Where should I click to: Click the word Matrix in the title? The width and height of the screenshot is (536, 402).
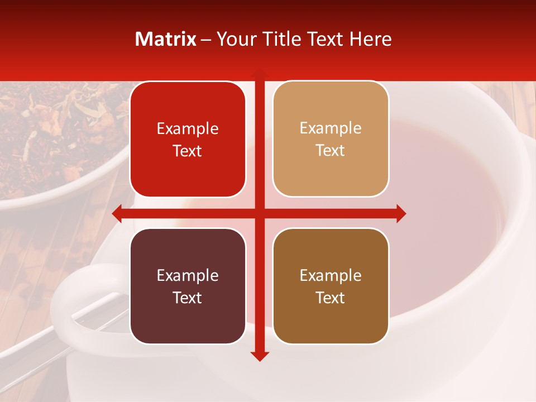pyautogui.click(x=166, y=39)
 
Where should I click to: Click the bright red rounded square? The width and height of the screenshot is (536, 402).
pyautogui.click(x=188, y=140)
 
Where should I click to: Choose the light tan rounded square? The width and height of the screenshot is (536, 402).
pyautogui.click(x=331, y=139)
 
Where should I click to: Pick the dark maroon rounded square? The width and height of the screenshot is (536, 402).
pyautogui.click(x=188, y=286)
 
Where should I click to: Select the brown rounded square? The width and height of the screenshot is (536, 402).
pyautogui.click(x=331, y=286)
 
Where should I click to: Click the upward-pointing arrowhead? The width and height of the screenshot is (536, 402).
pyautogui.click(x=260, y=73)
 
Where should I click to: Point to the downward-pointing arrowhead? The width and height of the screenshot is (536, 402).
pyautogui.click(x=260, y=356)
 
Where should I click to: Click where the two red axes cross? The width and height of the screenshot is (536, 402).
pyautogui.click(x=260, y=213)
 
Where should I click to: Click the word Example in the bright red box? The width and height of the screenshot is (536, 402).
pyautogui.click(x=188, y=129)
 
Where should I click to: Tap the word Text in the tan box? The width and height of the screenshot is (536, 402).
pyautogui.click(x=331, y=151)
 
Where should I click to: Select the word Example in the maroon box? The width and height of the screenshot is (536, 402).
pyautogui.click(x=188, y=276)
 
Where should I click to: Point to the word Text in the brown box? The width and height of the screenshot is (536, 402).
pyautogui.click(x=331, y=298)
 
